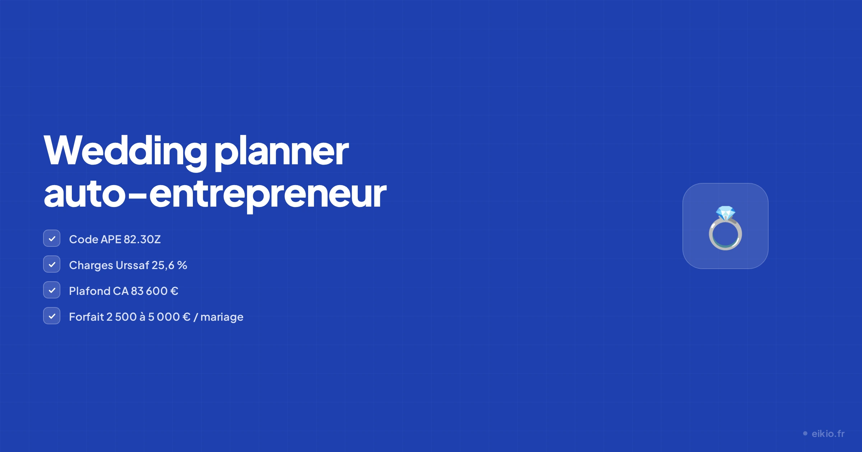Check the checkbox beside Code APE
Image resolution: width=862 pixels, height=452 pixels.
[52, 239]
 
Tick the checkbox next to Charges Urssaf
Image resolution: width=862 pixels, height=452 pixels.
[52, 264]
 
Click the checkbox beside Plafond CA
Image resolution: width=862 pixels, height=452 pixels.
[52, 290]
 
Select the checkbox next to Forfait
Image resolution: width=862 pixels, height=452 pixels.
[52, 316]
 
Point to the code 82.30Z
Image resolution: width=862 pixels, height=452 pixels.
[142, 239]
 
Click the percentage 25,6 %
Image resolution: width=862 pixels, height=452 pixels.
[169, 265]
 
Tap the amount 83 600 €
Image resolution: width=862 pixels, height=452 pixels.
[154, 291]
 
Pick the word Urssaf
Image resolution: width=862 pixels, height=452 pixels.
[133, 265]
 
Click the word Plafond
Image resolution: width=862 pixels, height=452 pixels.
[90, 291]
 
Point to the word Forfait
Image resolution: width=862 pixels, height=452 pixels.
[87, 317]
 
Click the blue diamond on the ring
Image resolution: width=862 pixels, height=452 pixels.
[726, 213]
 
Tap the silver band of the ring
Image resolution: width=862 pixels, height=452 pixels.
[710, 235]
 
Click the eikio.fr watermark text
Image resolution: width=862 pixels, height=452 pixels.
[828, 434]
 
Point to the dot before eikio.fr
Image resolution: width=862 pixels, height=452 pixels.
[805, 434]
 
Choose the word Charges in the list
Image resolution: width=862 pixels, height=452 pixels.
[91, 265]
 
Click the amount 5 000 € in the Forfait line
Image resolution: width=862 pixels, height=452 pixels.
[169, 317]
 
